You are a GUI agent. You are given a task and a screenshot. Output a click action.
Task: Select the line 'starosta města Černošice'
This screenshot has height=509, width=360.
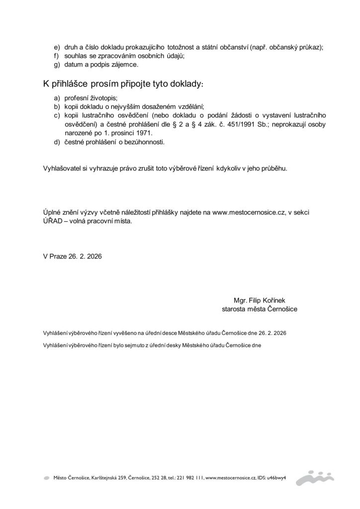(260, 309)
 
